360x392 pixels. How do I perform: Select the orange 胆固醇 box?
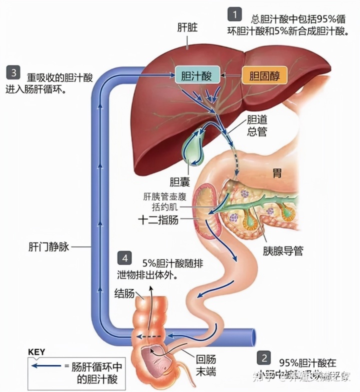[x=264, y=76]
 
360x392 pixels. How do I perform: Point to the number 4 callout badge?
[x=124, y=258]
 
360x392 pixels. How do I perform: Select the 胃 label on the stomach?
[x=276, y=173]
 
